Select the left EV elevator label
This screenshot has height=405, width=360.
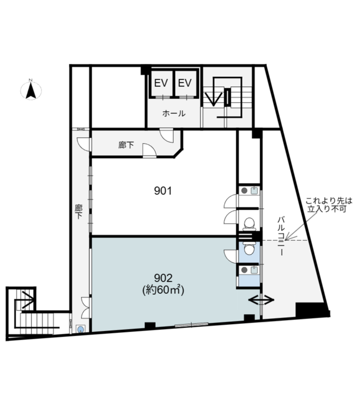[x=161, y=83]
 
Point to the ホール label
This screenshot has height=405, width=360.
[x=173, y=113]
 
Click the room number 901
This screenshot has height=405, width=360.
[x=164, y=191]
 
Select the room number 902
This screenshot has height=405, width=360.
[x=163, y=277]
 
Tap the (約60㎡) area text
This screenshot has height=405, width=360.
[x=163, y=290]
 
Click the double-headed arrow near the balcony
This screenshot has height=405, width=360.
[x=262, y=300]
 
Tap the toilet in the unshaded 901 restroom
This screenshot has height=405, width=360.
[x=249, y=223]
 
